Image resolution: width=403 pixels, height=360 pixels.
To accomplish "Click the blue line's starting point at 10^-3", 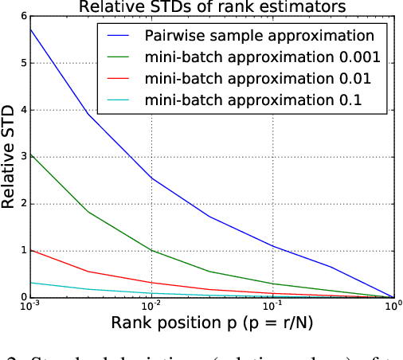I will pos(30,29).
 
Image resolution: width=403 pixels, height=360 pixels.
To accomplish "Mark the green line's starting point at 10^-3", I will pos(30,155).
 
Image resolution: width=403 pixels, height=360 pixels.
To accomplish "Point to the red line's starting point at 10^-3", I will pos(30,250).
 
